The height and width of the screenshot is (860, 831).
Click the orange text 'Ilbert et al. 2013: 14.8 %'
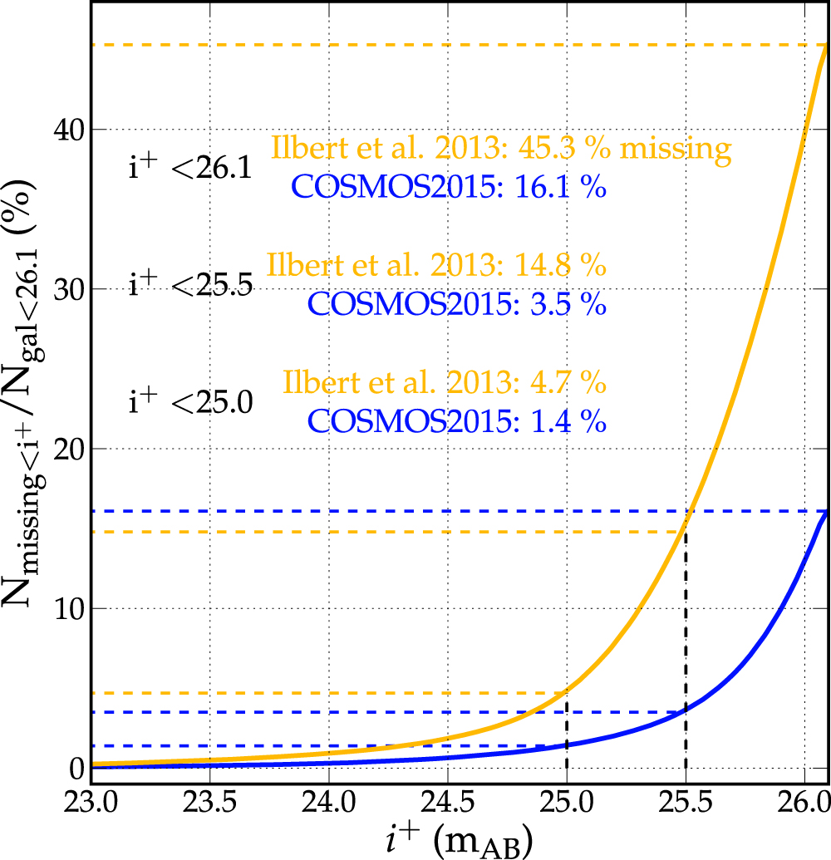click(x=436, y=267)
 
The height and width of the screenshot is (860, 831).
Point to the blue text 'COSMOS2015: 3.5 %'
click(x=457, y=304)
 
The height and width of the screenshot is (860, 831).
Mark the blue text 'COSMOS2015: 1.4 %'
click(x=457, y=421)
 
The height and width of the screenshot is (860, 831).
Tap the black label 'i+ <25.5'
click(x=190, y=286)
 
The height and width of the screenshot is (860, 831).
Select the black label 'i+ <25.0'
click(x=190, y=403)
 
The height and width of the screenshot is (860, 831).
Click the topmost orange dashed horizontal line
click(x=415, y=45)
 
